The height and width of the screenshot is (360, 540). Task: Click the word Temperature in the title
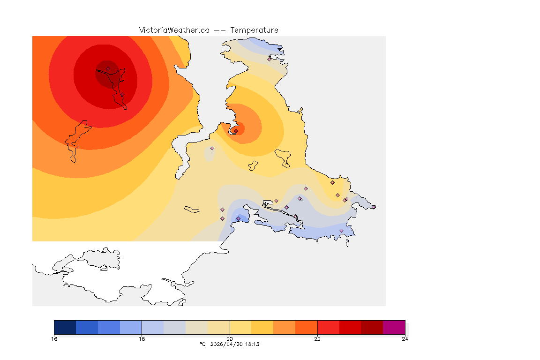[x=255, y=30]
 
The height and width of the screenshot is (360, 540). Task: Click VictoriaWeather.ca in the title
[x=174, y=30]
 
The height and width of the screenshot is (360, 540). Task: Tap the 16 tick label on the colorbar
[x=54, y=339]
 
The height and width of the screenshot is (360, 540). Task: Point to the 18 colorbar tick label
[x=142, y=339]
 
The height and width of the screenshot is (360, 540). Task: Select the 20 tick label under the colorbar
[x=230, y=339]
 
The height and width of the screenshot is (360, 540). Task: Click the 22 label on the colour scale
[x=317, y=339]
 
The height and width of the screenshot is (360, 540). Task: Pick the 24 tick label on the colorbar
[x=405, y=339]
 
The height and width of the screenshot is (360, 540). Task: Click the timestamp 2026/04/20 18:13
[x=234, y=344]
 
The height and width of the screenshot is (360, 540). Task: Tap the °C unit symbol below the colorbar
[x=202, y=344]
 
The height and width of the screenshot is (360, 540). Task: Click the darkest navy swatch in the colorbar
[x=65, y=327]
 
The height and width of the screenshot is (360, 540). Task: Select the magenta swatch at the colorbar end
[x=394, y=327]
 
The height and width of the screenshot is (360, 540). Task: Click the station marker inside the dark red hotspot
[x=108, y=68]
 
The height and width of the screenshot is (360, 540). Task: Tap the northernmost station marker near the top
[x=270, y=59]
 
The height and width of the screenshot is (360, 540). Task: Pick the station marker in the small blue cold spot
[x=238, y=218]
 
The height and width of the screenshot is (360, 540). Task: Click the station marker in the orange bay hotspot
[x=236, y=131]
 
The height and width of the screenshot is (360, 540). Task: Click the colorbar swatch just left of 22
[x=306, y=327]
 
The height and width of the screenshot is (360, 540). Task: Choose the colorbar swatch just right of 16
[x=87, y=327]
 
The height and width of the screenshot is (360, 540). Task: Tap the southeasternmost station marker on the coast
[x=341, y=231]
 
